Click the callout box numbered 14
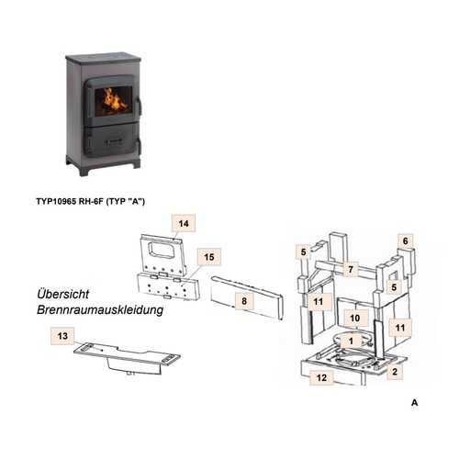tap(184, 223)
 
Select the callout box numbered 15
tap(209, 257)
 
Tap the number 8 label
tap(244, 301)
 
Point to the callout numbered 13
tap(62, 336)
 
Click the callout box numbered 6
tap(406, 241)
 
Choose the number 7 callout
tap(351, 269)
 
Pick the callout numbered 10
tap(355, 319)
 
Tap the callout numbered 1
tap(351, 341)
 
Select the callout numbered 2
tap(395, 372)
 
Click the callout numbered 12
tap(321, 377)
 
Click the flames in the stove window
tap(114, 100)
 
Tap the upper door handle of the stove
tap(139, 106)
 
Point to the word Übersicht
tap(63, 294)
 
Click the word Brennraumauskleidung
tap(100, 309)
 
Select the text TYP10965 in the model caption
tap(56, 201)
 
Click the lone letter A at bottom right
tap(415, 402)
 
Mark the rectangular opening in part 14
tap(162, 252)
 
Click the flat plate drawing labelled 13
tap(127, 359)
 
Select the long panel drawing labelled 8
tap(247, 297)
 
